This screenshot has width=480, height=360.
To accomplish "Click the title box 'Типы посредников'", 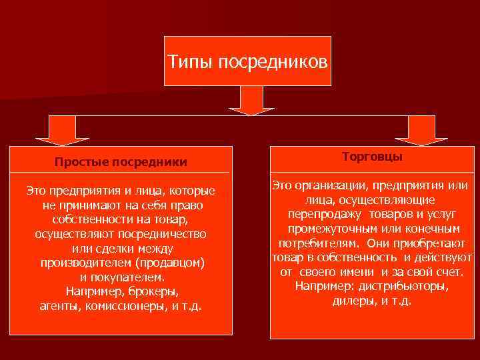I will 247,61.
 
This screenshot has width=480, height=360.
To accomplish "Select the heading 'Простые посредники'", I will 121,162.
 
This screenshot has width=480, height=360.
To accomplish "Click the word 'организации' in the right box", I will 330,185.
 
